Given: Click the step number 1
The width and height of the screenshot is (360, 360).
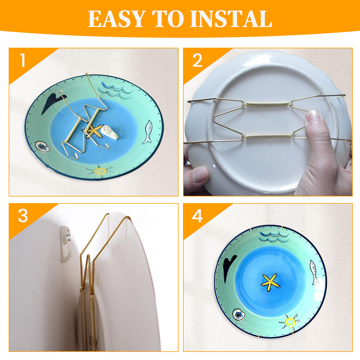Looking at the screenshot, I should (22, 61).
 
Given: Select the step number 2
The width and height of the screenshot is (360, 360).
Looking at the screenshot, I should (197, 61).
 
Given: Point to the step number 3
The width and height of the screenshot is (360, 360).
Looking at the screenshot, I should (23, 216).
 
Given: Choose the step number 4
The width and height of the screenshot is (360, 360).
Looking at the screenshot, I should (197, 216).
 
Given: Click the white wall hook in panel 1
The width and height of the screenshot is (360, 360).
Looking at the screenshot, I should (109, 133).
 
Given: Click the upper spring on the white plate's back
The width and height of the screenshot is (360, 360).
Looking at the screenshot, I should (268, 104).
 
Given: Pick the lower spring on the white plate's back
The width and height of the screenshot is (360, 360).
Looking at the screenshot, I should (267, 137).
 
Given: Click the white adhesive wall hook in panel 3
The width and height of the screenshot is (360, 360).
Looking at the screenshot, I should (66, 244).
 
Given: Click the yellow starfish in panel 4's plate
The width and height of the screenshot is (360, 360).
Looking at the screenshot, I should (270, 282).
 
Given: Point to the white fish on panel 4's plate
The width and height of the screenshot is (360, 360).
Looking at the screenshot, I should (314, 272).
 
